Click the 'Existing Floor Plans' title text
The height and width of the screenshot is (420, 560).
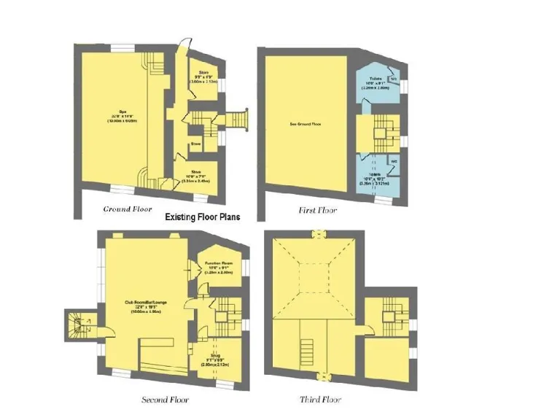pos(202,217)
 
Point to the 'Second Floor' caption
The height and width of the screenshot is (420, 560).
pos(166,400)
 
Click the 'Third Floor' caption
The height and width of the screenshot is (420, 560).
pos(320,400)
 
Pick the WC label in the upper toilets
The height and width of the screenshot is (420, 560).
pos(393,79)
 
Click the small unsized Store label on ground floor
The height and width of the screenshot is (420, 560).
pos(195,144)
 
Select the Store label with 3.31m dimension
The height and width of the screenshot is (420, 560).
pos(195,175)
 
